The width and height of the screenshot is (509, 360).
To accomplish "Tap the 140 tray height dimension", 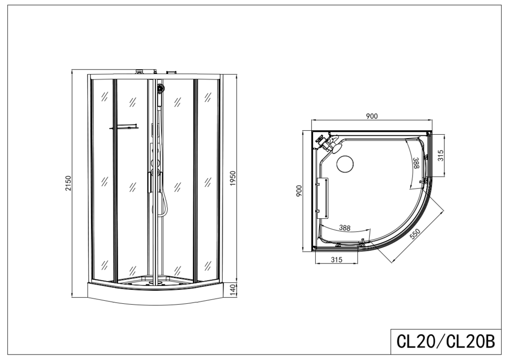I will (x=232, y=289).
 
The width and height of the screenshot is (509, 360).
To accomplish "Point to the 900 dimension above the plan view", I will (x=371, y=116).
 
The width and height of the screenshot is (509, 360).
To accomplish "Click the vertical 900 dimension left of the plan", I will (x=299, y=191).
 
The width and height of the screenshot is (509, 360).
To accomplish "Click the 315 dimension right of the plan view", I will (x=440, y=156).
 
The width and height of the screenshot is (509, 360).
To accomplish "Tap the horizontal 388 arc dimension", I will (x=344, y=228).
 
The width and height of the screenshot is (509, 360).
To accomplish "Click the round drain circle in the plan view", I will (x=344, y=164).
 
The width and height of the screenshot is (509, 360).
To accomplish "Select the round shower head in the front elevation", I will (x=160, y=89).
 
